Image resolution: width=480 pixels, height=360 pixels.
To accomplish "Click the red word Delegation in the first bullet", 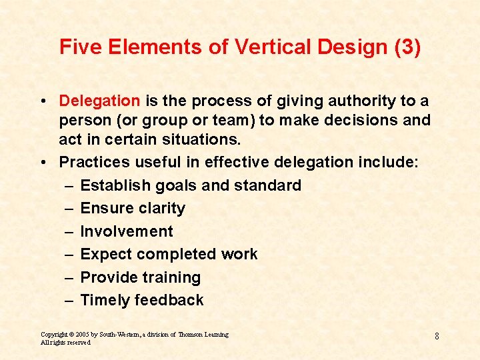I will pos(99,101).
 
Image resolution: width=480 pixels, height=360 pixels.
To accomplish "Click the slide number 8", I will pos(437,336).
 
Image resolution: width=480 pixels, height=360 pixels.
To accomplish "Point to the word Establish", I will pos(111,185).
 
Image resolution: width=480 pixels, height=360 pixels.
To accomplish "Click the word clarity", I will pos(161,208).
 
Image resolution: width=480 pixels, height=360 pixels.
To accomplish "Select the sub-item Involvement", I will pos(127,231).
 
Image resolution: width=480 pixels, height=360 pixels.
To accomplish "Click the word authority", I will pos(363,101).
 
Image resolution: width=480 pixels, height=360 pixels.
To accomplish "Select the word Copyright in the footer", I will pos(54,334).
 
